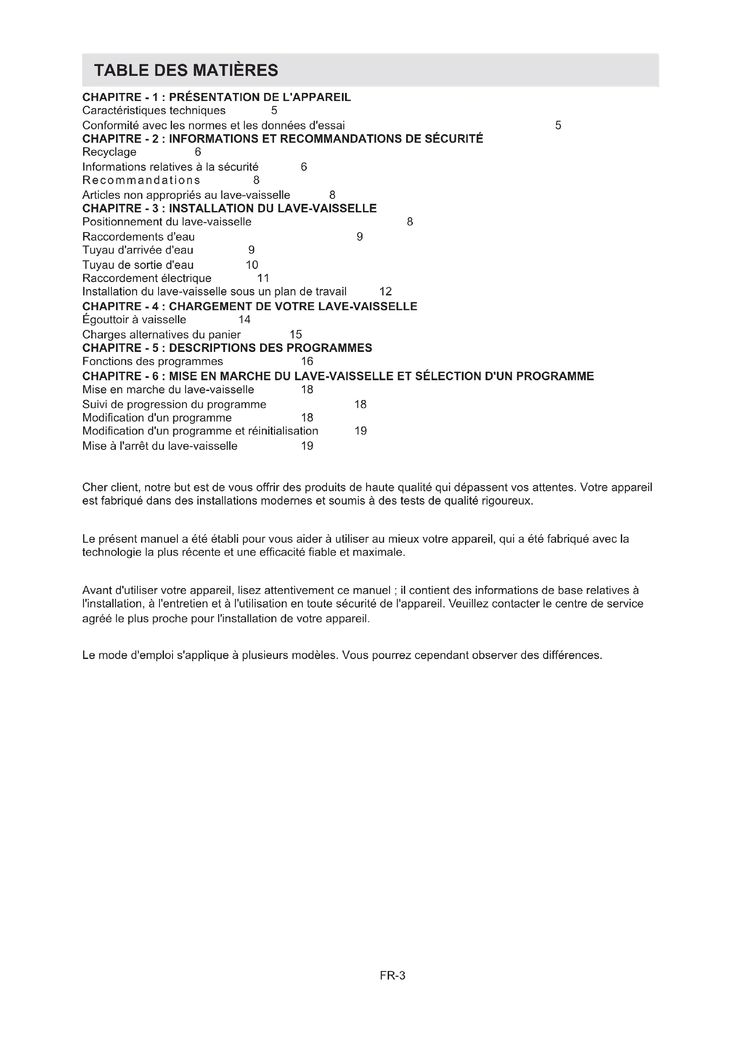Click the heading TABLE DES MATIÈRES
coord(186,70)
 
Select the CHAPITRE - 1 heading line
coord(217,97)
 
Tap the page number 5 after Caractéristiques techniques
coord(274,110)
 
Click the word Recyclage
coord(109,152)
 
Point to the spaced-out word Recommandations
coord(142,180)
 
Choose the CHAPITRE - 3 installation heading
coord(229,209)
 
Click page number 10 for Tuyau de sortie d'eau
coord(252,265)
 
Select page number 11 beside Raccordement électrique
coord(263,278)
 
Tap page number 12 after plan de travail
coord(386,291)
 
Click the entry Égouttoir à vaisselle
coord(134,320)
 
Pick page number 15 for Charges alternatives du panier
coord(296,334)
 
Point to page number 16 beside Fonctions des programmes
coord(307,361)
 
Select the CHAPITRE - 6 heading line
coord(338,376)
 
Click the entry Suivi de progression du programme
coord(174,404)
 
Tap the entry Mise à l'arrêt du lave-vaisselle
coord(159,446)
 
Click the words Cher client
coord(109,487)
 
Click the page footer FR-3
coord(393,976)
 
